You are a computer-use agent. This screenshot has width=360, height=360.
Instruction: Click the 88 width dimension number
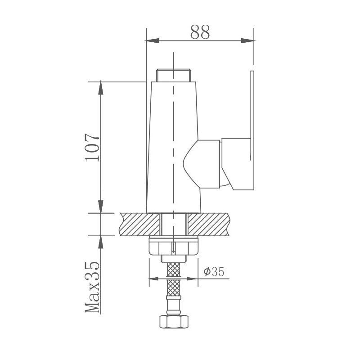(200, 32)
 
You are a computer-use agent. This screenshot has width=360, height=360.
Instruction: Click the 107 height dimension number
(91, 147)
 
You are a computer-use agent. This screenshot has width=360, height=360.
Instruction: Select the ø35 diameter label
(213, 272)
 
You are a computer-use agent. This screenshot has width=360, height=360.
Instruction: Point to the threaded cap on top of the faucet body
(174, 75)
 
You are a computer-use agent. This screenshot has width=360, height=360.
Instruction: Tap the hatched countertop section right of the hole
(209, 224)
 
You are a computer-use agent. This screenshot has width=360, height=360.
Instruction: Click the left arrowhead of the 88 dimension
(151, 41)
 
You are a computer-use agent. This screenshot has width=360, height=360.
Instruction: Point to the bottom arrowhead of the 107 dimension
(100, 208)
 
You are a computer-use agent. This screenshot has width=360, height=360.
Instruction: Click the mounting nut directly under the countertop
(173, 247)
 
